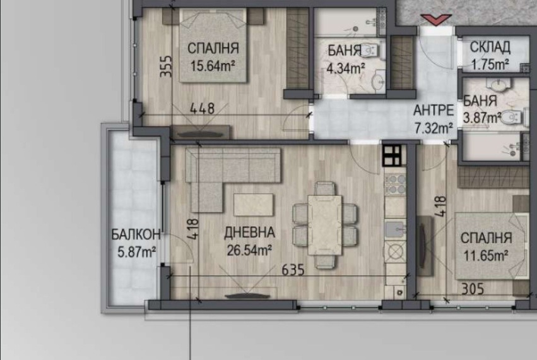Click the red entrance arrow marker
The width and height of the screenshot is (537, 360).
tap(435, 20)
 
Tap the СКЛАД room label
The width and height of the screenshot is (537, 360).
tap(490, 47)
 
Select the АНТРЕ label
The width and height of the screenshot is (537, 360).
tap(434, 111)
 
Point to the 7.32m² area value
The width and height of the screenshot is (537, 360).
tap(434, 128)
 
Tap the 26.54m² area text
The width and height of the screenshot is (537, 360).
tap(249, 249)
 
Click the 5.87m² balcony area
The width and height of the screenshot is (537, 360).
tap(137, 253)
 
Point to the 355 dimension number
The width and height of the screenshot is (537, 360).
tap(166, 67)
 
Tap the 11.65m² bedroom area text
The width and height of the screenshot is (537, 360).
tap(485, 255)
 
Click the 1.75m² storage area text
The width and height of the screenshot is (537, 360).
tap(490, 64)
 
